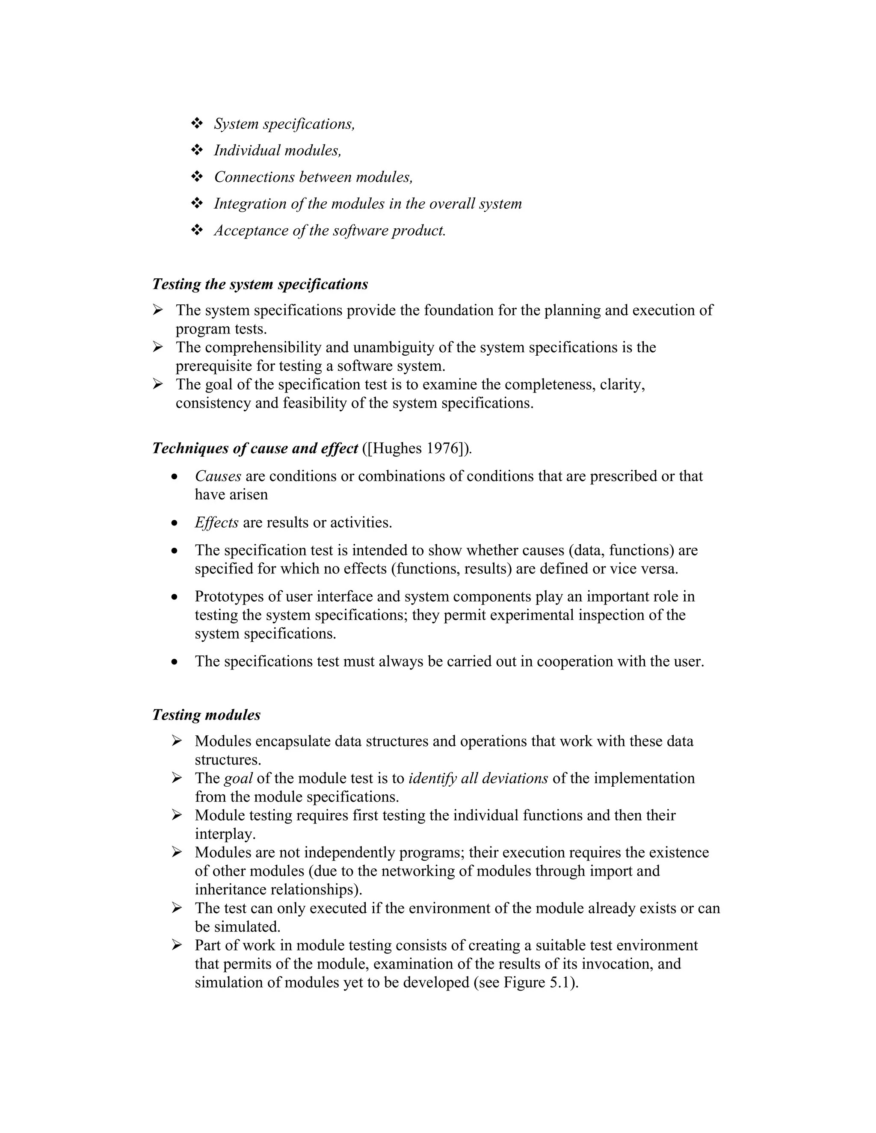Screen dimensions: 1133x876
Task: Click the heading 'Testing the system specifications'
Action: pos(260,284)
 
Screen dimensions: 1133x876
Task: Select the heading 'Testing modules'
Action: pos(206,715)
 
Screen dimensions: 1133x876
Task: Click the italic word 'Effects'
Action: pos(216,522)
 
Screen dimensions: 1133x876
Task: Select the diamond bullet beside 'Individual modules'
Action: pos(197,150)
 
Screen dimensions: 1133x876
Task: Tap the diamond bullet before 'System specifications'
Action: pos(197,124)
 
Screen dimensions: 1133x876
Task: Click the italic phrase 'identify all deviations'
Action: pos(478,778)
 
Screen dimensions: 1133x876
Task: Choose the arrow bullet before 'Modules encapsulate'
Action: pos(177,741)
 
